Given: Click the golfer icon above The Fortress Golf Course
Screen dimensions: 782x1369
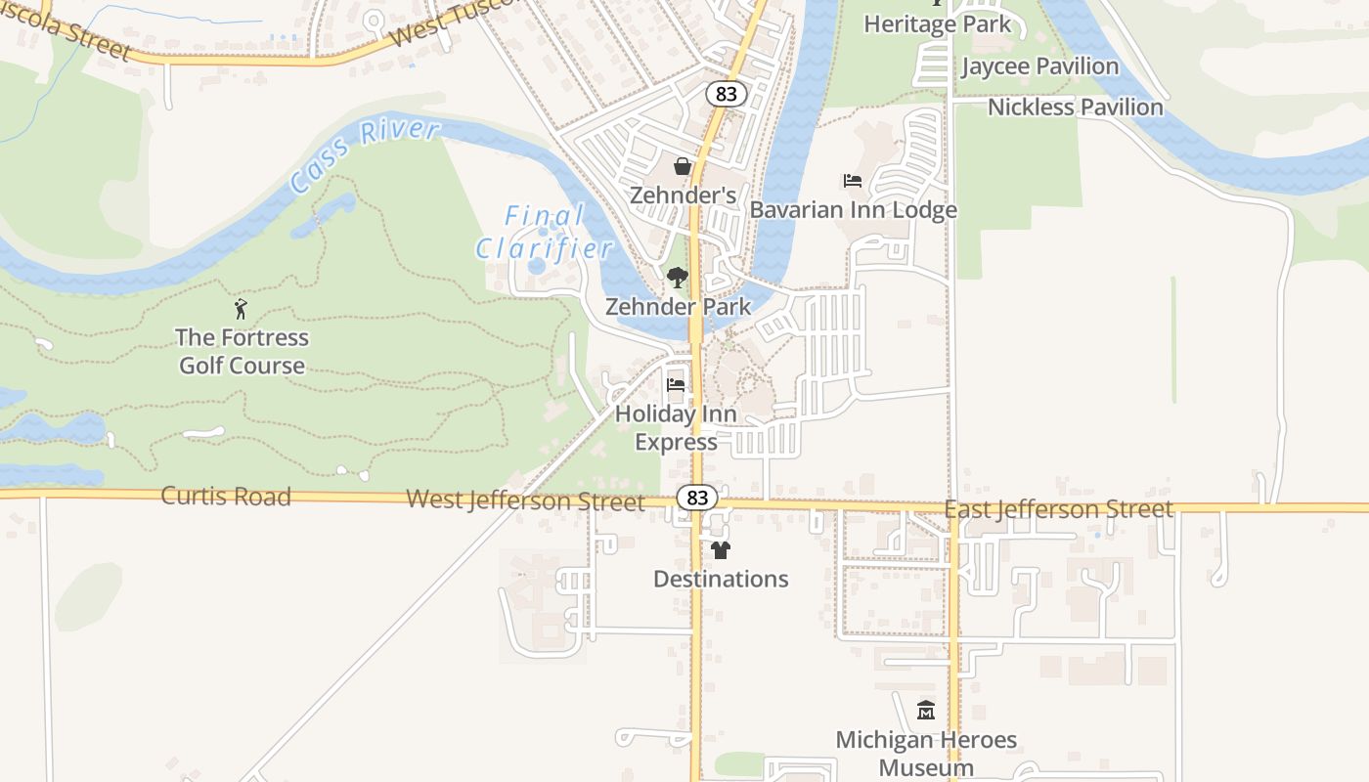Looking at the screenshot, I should tap(242, 310).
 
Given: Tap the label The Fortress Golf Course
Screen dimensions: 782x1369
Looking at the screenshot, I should tap(242, 352).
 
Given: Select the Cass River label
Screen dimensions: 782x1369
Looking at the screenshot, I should tap(365, 156).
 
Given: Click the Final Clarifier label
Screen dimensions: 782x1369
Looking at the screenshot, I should tap(545, 232).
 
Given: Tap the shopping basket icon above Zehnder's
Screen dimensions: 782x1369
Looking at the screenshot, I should tap(683, 166).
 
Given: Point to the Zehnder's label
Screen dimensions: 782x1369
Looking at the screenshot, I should tap(683, 195).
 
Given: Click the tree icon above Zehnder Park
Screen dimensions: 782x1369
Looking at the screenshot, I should tap(677, 279).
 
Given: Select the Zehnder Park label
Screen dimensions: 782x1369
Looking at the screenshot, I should tap(679, 307).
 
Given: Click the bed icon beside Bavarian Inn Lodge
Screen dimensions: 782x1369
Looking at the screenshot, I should tap(853, 181).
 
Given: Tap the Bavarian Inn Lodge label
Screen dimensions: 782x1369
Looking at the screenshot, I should tap(853, 210).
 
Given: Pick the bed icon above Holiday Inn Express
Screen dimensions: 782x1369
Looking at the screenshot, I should tap(676, 385).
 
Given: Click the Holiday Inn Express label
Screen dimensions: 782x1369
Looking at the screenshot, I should tap(676, 428).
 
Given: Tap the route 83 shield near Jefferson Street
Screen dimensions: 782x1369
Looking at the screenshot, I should tap(697, 498).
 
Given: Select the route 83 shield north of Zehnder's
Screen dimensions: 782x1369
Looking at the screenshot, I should tap(726, 94).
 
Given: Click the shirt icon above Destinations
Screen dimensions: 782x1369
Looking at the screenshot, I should tap(721, 550).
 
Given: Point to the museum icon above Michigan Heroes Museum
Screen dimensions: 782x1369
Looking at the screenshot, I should tap(925, 711).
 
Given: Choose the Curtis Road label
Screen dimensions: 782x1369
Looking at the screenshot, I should tap(226, 497).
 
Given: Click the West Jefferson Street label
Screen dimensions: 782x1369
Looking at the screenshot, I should tap(525, 500).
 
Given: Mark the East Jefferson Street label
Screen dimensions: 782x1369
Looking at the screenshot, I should tap(1058, 509).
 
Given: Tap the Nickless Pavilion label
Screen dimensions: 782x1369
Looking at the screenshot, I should tap(1076, 108).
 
